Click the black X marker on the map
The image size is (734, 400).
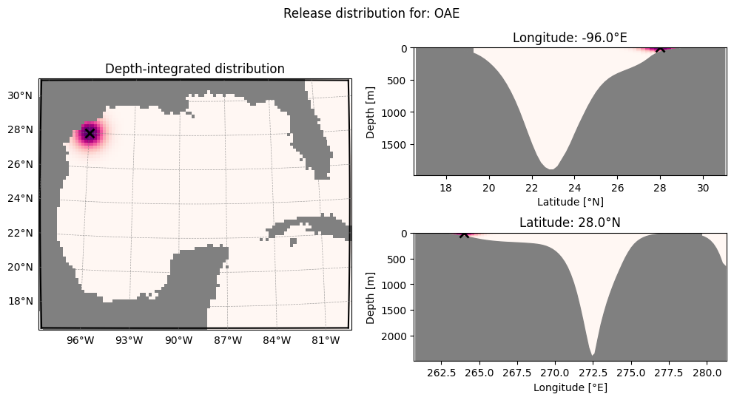point(90,134)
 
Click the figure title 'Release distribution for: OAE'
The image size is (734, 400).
point(371,13)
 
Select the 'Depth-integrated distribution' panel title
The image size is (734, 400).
point(195,69)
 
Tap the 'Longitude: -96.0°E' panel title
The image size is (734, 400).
point(570,38)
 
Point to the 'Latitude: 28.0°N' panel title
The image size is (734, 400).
point(570,223)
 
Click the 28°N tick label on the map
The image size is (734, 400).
point(20,129)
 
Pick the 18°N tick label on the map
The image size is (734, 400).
point(20,301)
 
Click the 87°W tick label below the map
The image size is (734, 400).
point(228,341)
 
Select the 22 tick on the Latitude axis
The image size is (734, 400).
point(532,188)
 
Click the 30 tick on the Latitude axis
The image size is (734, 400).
point(703,188)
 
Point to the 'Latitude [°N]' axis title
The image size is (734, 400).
point(570,202)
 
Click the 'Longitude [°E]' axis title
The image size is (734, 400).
point(570,387)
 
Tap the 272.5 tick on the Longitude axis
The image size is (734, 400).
point(593,373)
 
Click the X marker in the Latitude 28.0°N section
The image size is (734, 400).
point(464,234)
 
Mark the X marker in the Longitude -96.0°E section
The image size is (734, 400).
point(660,48)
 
